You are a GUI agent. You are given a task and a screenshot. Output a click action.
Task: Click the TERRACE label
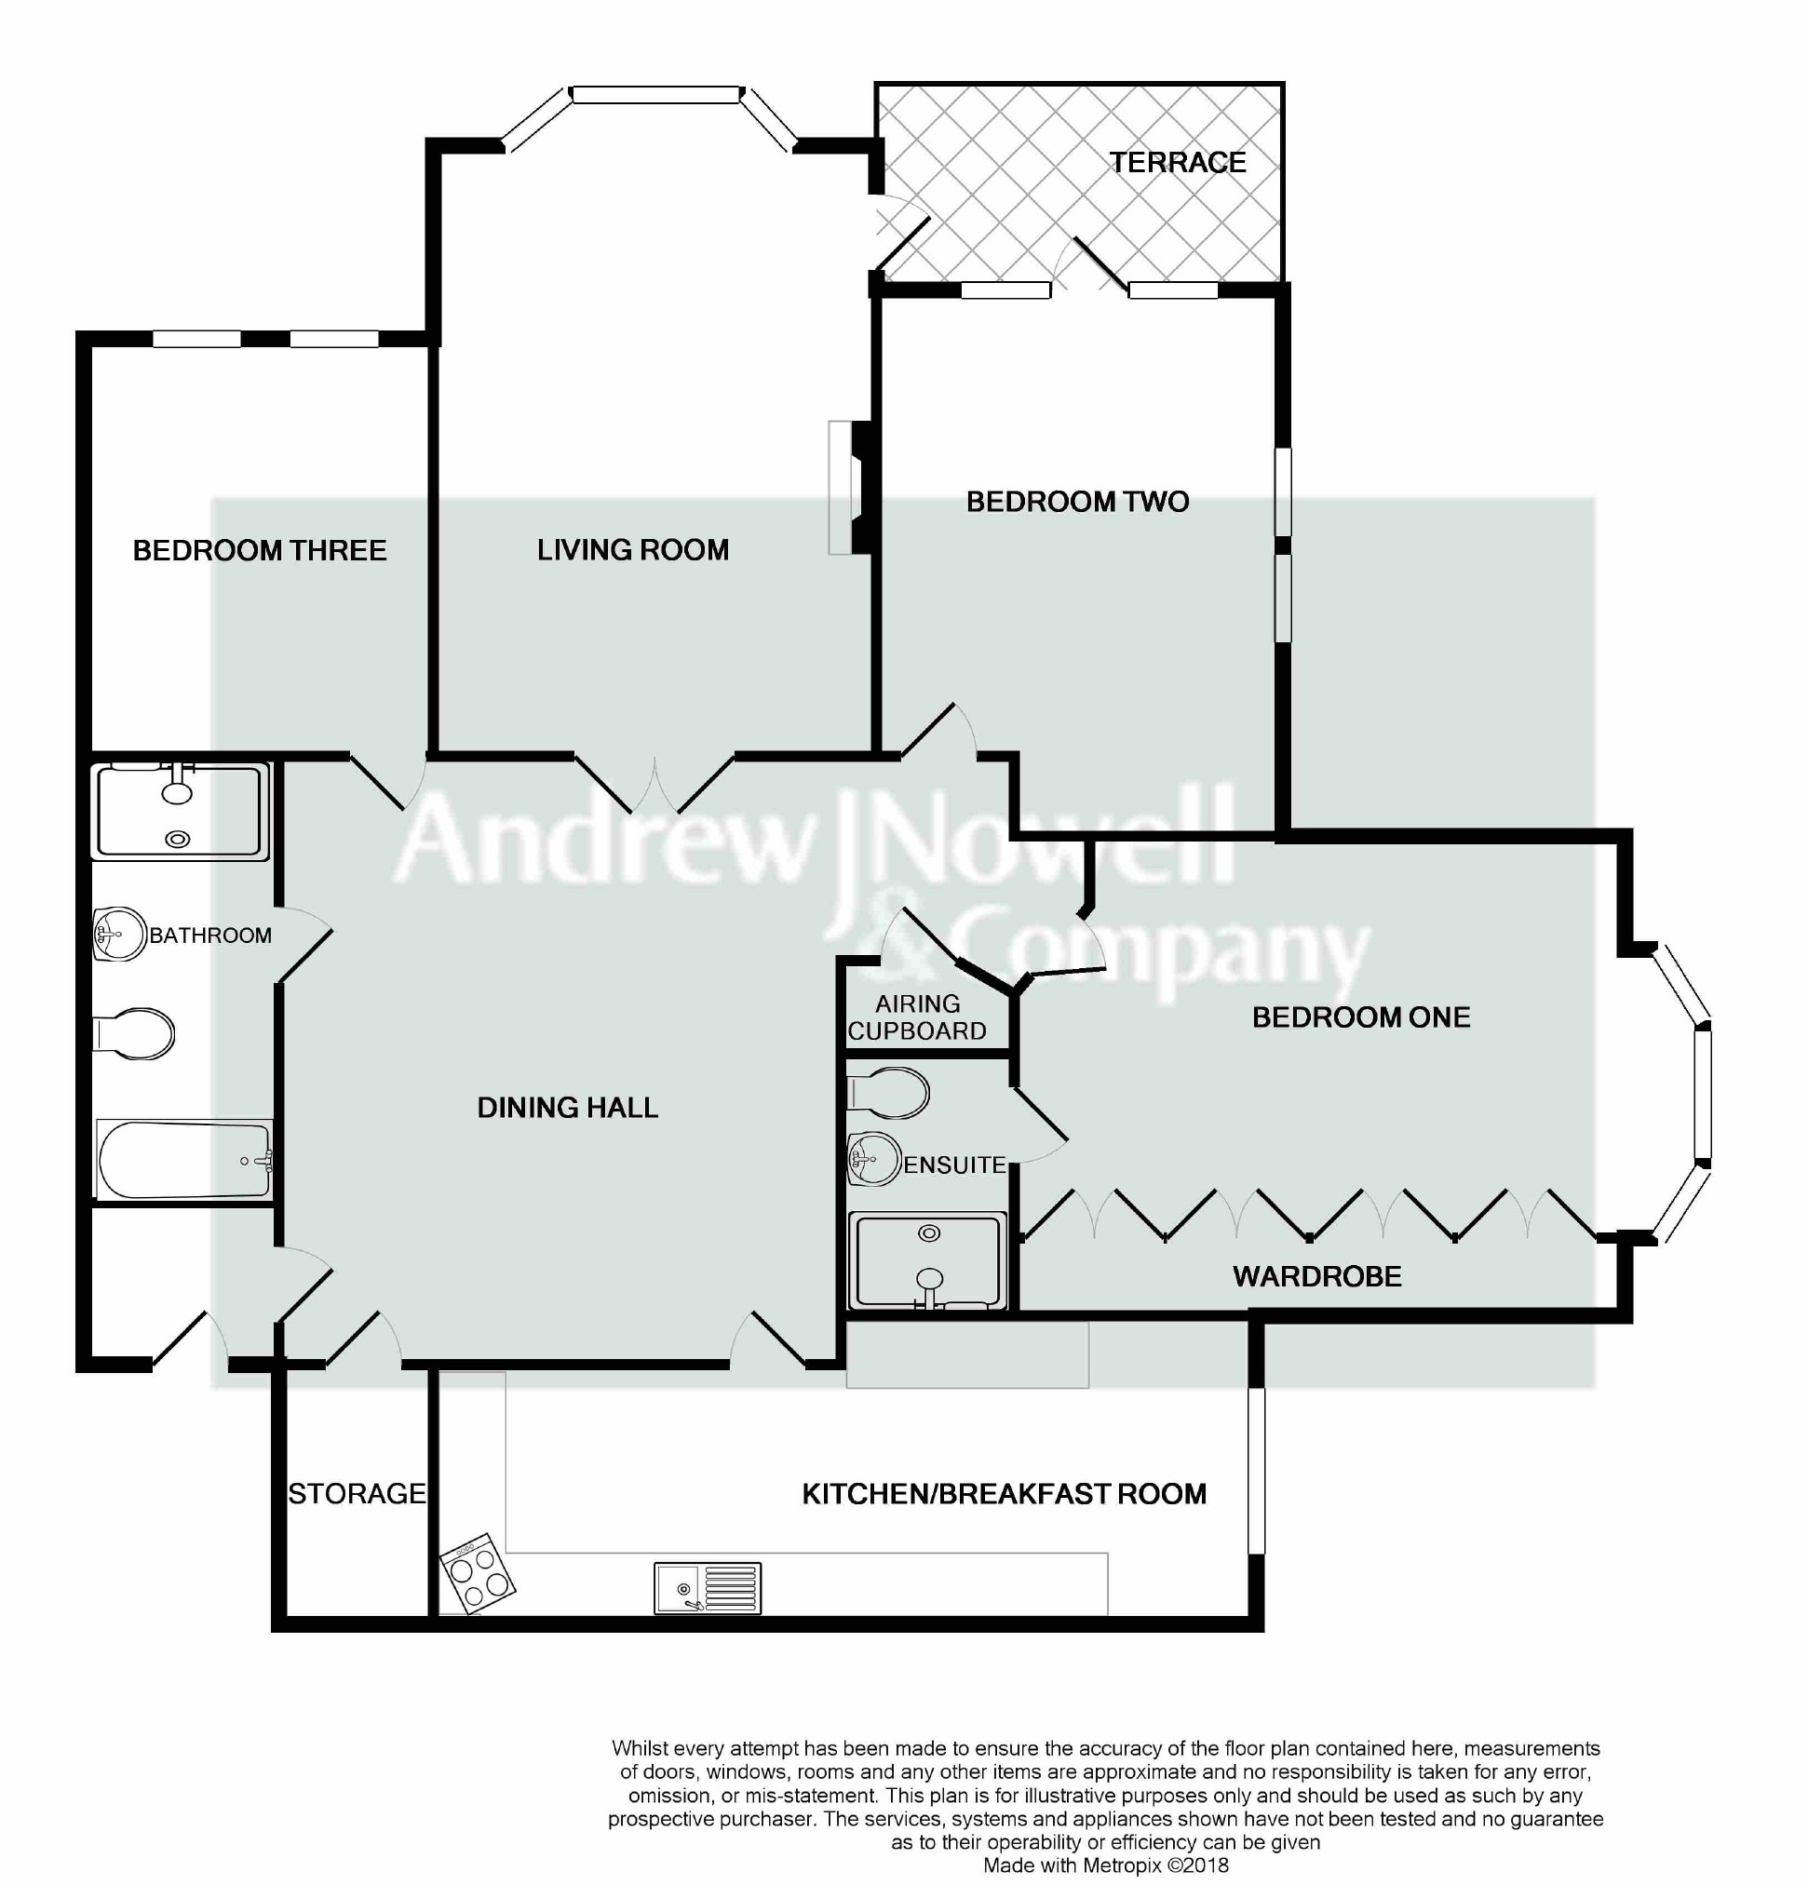pyautogui.click(x=1177, y=163)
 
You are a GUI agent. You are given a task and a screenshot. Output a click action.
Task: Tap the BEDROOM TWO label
pyautogui.click(x=1077, y=501)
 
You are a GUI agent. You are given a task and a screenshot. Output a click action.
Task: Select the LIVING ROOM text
pyautogui.click(x=633, y=549)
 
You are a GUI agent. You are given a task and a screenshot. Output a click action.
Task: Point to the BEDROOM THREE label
pyautogui.click(x=260, y=550)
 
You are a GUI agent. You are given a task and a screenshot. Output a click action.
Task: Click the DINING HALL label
pyautogui.click(x=567, y=1107)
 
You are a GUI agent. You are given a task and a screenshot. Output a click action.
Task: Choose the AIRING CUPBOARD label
pyautogui.click(x=917, y=1017)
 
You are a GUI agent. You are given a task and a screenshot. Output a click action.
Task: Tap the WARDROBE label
pyautogui.click(x=1316, y=1276)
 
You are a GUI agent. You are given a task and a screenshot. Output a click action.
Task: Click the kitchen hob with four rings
pyautogui.click(x=478, y=1573)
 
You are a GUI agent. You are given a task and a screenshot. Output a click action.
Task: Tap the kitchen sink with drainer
pyautogui.click(x=708, y=1587)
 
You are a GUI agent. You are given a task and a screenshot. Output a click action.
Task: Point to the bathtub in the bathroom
pyautogui.click(x=183, y=1159)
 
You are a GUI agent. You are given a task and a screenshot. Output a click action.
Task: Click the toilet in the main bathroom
pyautogui.click(x=134, y=1035)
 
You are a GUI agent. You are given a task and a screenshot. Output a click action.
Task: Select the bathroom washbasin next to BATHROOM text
pyautogui.click(x=118, y=934)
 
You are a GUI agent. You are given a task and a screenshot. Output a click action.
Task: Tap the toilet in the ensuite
pyautogui.click(x=887, y=1093)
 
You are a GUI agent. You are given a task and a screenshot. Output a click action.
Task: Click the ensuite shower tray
pyautogui.click(x=927, y=1260)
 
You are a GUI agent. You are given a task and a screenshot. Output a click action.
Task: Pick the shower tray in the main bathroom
pyautogui.click(x=180, y=811)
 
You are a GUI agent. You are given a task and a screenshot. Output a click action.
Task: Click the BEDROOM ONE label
pyautogui.click(x=1361, y=1017)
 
